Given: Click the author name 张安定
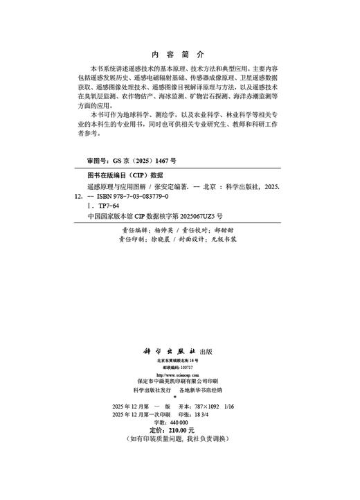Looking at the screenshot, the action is [x=161, y=187].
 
